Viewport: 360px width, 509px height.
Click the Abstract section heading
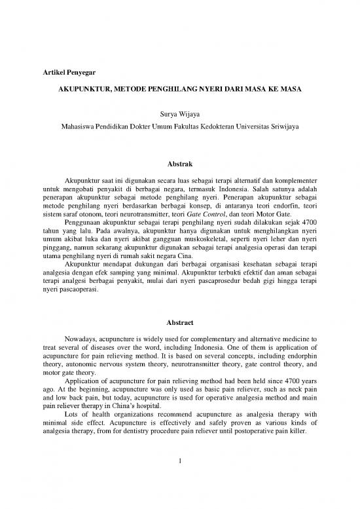tap(180, 323)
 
